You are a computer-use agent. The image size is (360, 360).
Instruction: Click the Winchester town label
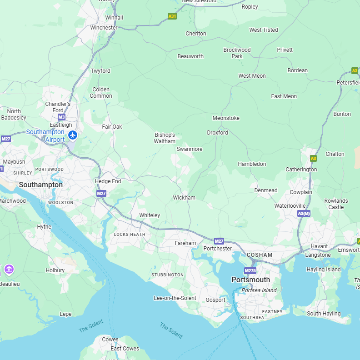point(104,28)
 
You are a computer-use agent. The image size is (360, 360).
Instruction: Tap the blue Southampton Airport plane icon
point(72,135)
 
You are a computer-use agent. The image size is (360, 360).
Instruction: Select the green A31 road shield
point(172,16)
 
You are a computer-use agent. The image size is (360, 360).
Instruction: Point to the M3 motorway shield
point(62,117)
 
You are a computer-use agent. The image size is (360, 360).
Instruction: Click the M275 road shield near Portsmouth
point(250,270)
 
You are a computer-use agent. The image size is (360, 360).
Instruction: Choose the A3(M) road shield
point(304,213)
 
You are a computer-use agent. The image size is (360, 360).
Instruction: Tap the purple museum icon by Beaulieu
point(9,270)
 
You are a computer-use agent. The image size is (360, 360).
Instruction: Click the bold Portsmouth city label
point(250,280)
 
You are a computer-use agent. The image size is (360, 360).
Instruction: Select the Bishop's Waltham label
point(165,138)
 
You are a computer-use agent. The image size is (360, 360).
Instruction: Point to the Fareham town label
point(185,243)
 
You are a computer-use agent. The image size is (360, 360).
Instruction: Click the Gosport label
point(215,300)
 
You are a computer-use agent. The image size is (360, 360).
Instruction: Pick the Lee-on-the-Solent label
point(175,298)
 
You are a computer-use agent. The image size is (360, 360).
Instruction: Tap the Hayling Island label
point(324,270)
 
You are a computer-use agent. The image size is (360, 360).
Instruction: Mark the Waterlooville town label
point(290,206)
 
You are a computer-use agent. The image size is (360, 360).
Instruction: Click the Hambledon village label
point(252,164)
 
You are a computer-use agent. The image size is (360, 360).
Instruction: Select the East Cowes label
point(125,349)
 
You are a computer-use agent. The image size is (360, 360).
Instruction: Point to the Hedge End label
point(108,181)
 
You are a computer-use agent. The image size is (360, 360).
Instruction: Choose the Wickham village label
point(184,198)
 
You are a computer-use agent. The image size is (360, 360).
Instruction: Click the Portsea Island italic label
point(259,290)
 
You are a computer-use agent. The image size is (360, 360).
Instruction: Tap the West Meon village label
point(252,76)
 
